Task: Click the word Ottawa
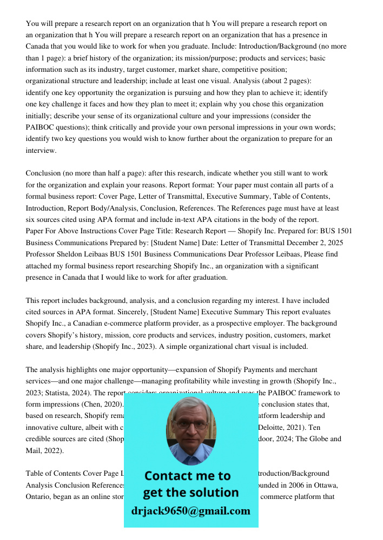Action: [322, 485]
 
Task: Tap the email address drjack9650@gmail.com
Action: [191, 510]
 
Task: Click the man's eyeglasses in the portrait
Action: [191, 424]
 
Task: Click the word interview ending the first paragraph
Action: [41, 150]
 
